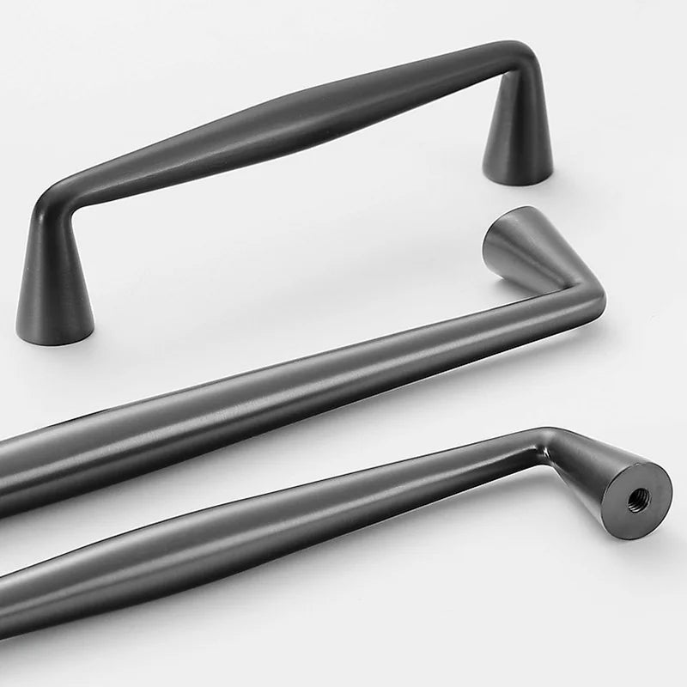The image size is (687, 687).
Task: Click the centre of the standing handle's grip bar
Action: (283, 129)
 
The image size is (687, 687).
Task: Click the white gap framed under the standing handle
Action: (283, 232)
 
